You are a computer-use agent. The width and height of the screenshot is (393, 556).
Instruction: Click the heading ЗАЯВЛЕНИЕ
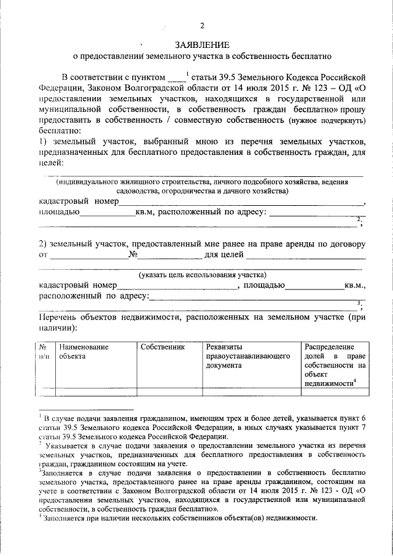click(202, 45)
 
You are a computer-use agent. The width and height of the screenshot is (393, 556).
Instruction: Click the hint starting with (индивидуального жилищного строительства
click(201, 182)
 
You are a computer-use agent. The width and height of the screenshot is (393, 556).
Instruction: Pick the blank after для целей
click(306, 254)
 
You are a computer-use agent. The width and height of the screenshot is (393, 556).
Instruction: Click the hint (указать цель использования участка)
click(201, 275)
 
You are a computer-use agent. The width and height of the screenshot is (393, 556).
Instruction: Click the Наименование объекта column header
click(84, 351)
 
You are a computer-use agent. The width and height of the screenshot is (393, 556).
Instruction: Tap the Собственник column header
click(162, 347)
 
